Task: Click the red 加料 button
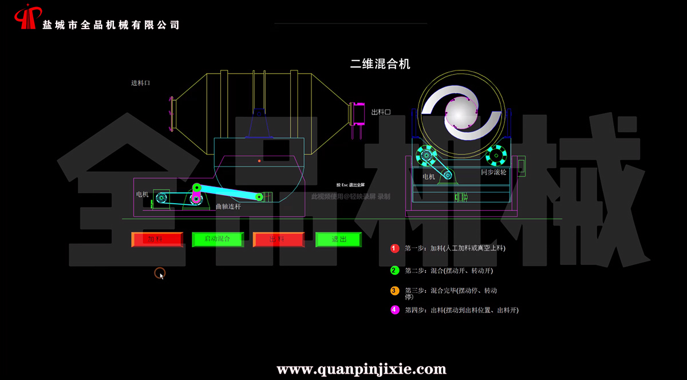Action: [157, 239]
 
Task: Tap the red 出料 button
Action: [278, 239]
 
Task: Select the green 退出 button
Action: [339, 239]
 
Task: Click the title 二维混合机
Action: [380, 64]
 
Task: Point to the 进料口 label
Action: [140, 83]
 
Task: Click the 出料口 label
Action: [381, 112]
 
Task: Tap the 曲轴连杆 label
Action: [228, 207]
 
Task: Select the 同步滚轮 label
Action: [493, 172]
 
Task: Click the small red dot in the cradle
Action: [259, 161]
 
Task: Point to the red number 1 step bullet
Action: [394, 248]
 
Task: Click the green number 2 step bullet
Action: [394, 270]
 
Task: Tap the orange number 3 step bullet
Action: [394, 290]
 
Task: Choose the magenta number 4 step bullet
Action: [394, 310]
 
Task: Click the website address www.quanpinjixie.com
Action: [361, 369]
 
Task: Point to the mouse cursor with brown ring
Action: [160, 273]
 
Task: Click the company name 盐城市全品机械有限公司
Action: [111, 25]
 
